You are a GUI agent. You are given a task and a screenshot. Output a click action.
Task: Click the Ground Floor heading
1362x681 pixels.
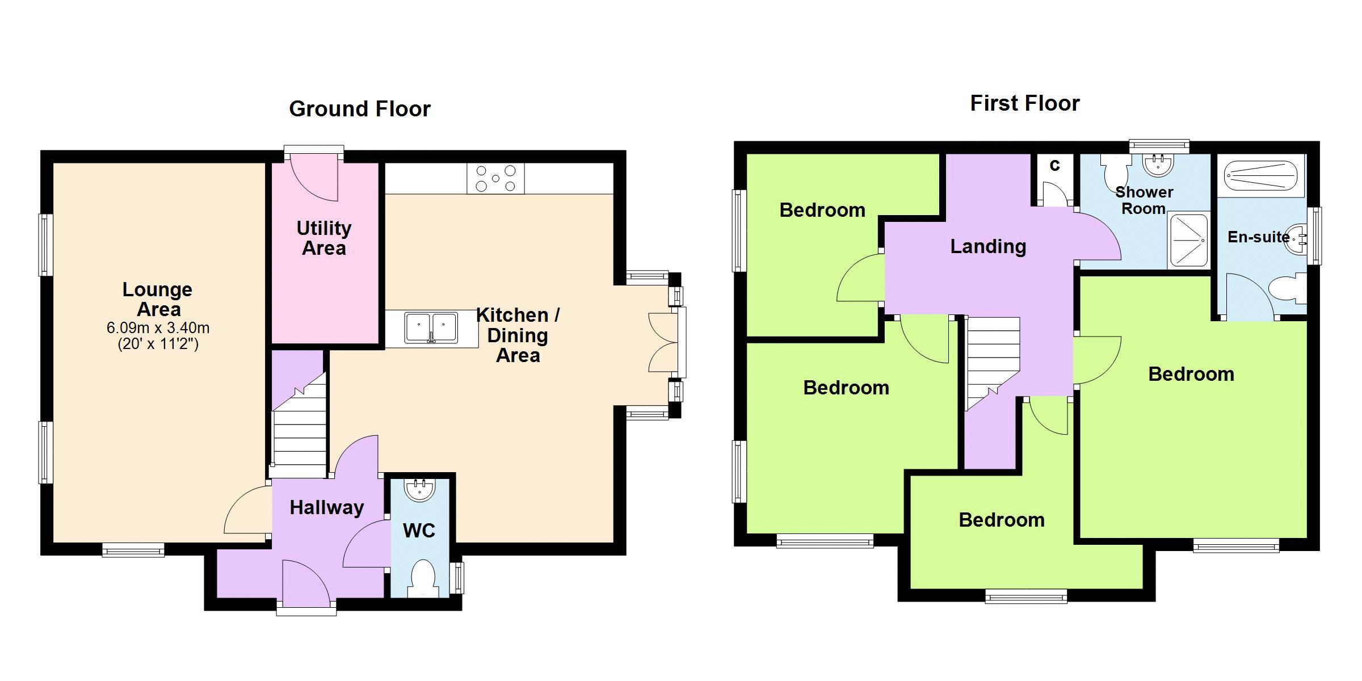point(360,109)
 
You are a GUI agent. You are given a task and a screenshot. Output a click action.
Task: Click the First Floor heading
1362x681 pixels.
point(1025,103)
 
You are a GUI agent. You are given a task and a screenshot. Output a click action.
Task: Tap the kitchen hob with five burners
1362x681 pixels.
point(495,178)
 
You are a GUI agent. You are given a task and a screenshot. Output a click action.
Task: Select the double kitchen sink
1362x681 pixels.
point(431,328)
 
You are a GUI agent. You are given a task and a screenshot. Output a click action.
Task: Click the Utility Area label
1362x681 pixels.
point(324,238)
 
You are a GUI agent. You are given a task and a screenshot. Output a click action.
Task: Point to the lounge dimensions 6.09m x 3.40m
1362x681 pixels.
point(158,328)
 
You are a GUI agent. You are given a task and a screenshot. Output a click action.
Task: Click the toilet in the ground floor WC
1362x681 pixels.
point(422,578)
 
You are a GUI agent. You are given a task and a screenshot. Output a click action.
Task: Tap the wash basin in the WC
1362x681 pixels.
point(420,490)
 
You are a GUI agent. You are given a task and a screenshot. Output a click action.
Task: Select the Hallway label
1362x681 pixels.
point(327,507)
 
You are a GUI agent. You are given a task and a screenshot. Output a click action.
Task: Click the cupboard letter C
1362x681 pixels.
point(1054,166)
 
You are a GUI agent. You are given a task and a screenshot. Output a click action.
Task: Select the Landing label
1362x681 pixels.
point(988,246)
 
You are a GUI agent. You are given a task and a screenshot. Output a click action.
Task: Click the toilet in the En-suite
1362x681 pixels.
point(1287,288)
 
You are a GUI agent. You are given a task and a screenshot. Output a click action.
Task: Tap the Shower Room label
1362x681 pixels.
point(1144,200)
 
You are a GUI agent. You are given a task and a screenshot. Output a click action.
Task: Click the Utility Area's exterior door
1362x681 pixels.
point(313,176)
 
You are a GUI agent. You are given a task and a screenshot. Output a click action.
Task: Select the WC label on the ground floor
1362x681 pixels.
point(419,531)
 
